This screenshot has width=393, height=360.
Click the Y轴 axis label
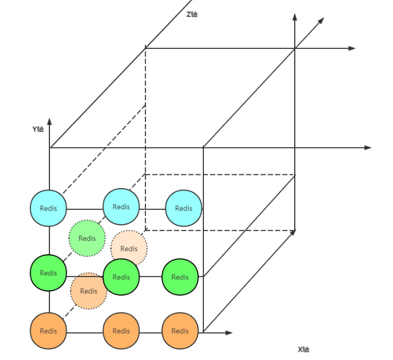38,129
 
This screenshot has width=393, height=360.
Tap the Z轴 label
192,14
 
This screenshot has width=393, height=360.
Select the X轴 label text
303,349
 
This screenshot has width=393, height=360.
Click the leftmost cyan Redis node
48,208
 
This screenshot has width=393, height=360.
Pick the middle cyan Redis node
121,207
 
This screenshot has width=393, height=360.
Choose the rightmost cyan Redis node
184,208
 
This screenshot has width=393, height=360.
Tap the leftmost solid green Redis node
48,273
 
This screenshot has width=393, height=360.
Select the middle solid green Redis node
121,277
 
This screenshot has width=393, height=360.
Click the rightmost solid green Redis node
180,277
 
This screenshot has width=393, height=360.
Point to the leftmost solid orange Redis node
48,331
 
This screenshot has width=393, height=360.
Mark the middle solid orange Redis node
121,331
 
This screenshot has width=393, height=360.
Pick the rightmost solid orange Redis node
180,331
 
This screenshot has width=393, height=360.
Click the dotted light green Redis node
87,238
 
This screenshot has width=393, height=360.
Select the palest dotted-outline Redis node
129,248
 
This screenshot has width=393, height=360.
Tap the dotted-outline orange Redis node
88,291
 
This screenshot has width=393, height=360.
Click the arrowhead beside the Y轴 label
50,121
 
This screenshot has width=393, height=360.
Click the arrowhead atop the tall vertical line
295,18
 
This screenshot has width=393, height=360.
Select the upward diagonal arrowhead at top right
321,21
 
